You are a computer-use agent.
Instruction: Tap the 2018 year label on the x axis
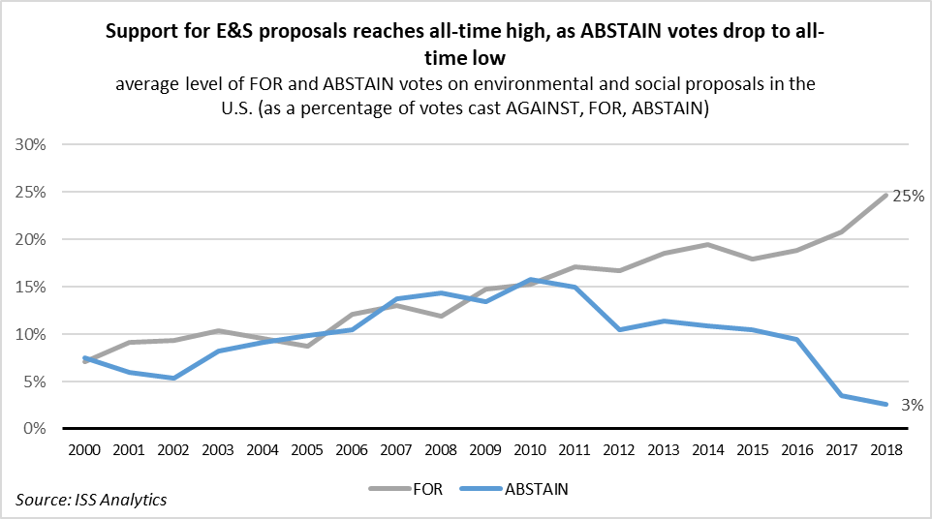pyautogui.click(x=885, y=450)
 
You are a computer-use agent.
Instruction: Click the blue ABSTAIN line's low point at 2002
pyautogui.click(x=172, y=378)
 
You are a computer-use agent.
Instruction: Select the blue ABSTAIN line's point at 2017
pyautogui.click(x=840, y=396)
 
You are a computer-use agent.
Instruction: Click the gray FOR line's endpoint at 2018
pyautogui.click(x=885, y=196)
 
